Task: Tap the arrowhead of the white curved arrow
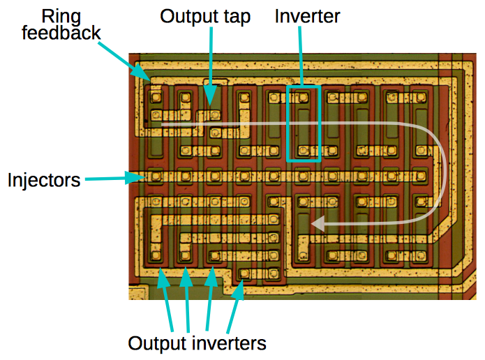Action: click(316, 224)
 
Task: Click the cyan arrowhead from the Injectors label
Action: click(143, 178)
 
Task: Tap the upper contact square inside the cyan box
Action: click(304, 97)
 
